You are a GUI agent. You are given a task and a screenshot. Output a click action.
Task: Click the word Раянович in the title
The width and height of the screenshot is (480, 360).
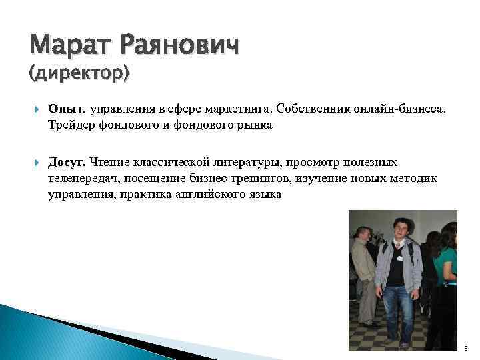(178, 47)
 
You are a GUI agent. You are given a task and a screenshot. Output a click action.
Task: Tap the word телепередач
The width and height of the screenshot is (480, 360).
(83, 179)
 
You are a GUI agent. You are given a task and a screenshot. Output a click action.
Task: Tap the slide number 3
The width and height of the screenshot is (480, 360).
(465, 349)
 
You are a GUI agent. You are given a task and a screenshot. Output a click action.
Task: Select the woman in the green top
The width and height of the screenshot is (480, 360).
(445, 267)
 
